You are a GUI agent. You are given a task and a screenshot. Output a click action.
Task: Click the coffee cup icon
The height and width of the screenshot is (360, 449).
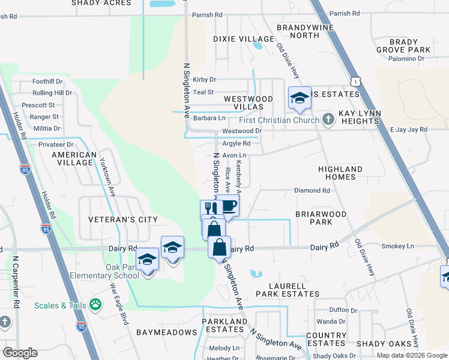(228, 206)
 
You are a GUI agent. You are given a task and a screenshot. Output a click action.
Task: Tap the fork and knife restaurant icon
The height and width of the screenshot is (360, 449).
(210, 209)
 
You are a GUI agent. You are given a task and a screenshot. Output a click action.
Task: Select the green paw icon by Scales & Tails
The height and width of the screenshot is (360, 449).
(95, 305)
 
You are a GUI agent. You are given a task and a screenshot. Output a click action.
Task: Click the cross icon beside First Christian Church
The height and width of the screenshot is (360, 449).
(328, 119)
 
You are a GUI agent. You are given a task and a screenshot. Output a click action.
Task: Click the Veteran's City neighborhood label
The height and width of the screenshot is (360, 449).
(122, 220)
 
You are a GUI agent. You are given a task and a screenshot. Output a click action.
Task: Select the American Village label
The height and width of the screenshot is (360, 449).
(74, 159)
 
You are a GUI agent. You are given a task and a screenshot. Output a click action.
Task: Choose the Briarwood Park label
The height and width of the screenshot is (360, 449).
(321, 218)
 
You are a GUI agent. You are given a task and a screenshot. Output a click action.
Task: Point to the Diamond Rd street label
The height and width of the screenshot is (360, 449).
(312, 191)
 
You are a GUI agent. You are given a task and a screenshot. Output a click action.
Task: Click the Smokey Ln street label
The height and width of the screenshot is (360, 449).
(401, 246)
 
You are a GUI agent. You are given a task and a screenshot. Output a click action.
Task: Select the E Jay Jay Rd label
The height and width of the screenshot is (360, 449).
(408, 129)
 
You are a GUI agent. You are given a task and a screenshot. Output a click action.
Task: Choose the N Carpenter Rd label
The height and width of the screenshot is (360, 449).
(16, 282)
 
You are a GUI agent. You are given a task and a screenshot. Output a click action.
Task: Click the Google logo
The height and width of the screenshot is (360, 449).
(20, 353)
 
